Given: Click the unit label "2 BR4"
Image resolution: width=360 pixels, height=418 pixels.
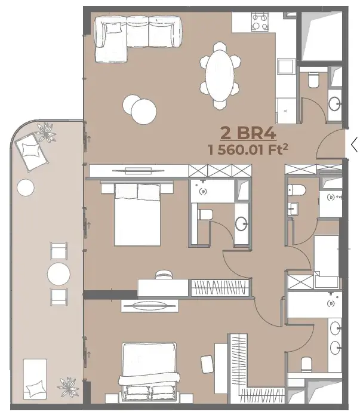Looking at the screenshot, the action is coord(248,133).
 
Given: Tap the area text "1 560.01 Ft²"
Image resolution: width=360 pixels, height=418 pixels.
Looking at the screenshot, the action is coord(248,149).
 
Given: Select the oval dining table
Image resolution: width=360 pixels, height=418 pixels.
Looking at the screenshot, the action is coord(220,75).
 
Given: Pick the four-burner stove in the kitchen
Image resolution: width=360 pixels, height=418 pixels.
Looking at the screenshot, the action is coord(260,22).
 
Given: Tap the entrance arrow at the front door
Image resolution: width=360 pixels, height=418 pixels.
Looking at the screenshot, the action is coord(354,145).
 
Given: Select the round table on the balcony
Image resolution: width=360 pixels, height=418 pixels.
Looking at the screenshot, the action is coord(59,273).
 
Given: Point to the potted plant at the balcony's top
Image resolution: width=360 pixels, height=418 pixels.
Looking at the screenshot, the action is coord(47,132).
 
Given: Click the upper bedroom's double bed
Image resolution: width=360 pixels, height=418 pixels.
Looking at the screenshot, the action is coord(137,213).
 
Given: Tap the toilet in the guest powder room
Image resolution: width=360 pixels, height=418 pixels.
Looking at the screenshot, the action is coord(313,80).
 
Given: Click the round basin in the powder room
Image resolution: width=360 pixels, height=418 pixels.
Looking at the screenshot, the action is coord(334,103).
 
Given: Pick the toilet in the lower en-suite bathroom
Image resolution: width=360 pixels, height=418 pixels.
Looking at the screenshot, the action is coord(306,364).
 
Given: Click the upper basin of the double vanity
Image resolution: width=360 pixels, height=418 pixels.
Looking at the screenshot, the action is coord(335,328).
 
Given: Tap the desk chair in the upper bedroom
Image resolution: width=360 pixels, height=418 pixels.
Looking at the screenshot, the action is coord(164,275).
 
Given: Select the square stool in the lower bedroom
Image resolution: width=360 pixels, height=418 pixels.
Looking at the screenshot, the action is coord(207,364).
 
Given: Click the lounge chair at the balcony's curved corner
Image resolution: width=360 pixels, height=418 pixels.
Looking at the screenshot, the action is coord(32,152).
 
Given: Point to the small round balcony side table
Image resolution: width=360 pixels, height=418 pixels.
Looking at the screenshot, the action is coord(26,188).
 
